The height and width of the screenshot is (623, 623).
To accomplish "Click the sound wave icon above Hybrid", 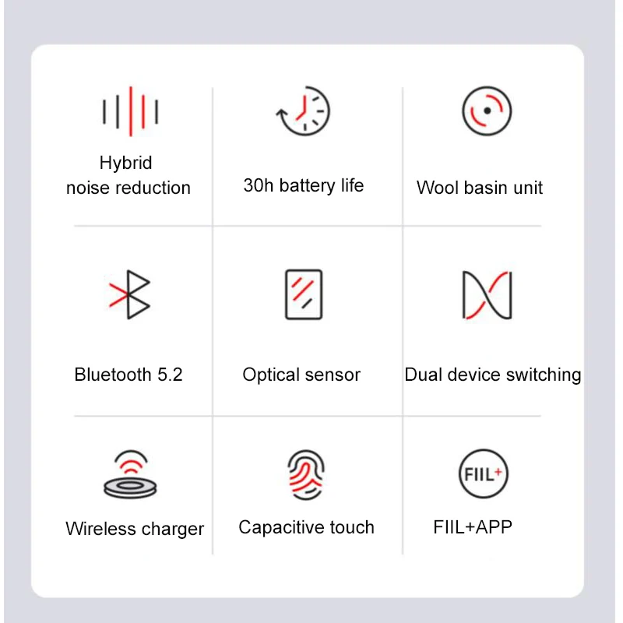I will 130,111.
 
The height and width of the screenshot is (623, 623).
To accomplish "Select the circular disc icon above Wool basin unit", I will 486,111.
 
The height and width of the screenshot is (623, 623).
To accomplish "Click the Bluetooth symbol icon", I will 131,294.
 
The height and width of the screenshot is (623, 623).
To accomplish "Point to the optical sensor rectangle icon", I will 304,294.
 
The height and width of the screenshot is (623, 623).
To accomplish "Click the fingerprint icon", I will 305,474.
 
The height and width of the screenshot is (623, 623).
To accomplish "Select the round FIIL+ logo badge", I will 484,474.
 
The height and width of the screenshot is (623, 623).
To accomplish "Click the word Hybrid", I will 125,163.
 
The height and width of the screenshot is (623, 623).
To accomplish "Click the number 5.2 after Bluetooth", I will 170,375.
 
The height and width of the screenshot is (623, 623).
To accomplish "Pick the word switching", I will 544,375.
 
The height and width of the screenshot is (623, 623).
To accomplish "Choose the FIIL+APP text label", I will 473,527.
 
